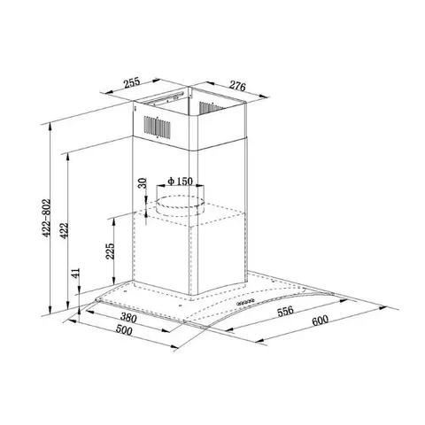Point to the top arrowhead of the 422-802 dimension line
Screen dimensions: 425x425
click(53, 122)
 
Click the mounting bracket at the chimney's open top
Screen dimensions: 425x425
click(173, 95)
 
